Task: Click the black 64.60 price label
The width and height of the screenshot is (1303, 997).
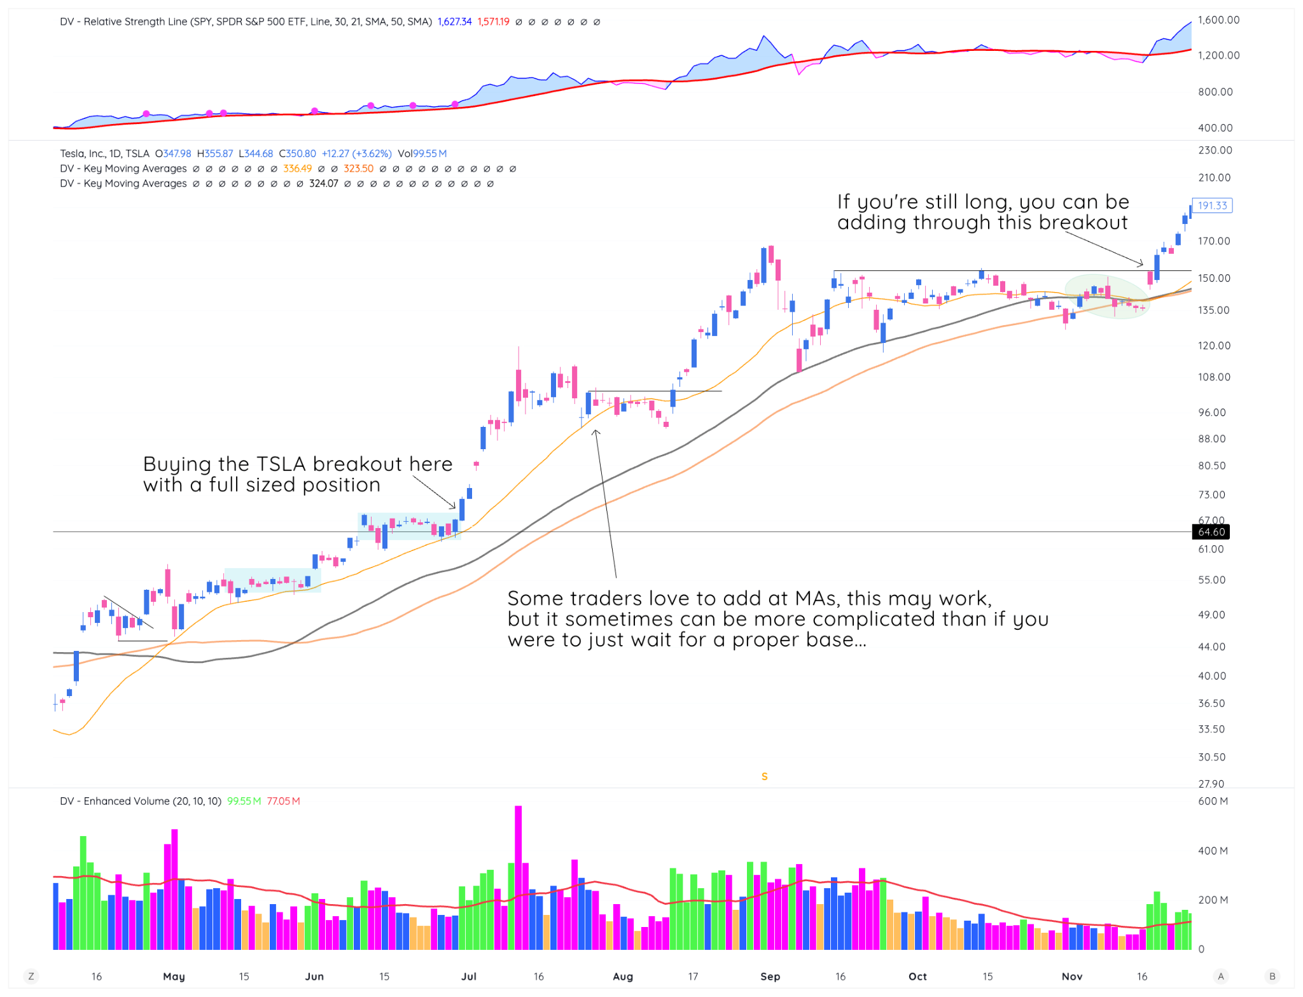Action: (x=1211, y=532)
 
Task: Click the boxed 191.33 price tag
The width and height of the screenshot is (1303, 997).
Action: (x=1212, y=206)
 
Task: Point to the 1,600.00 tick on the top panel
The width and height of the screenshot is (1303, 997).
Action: (x=1218, y=20)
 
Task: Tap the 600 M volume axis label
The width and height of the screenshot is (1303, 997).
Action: (x=1213, y=801)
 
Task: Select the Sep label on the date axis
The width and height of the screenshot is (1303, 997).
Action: (x=770, y=976)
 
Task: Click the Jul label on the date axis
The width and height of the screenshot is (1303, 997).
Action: (x=469, y=976)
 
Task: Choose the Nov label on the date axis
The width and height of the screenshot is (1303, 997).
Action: (x=1072, y=976)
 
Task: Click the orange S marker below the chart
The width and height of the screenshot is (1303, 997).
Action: (x=764, y=776)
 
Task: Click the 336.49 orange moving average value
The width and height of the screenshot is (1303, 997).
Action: (x=297, y=169)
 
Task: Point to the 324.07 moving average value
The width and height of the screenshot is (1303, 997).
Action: (x=323, y=184)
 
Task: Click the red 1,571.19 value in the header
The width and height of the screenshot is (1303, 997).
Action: (x=493, y=22)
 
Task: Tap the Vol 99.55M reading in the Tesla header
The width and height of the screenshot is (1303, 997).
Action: (x=422, y=153)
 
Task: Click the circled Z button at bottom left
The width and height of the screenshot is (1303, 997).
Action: (x=31, y=976)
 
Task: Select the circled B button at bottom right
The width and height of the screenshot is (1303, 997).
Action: (x=1272, y=976)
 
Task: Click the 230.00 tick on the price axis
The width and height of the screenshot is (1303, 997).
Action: (x=1215, y=150)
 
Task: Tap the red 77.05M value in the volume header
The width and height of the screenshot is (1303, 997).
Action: (x=283, y=801)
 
